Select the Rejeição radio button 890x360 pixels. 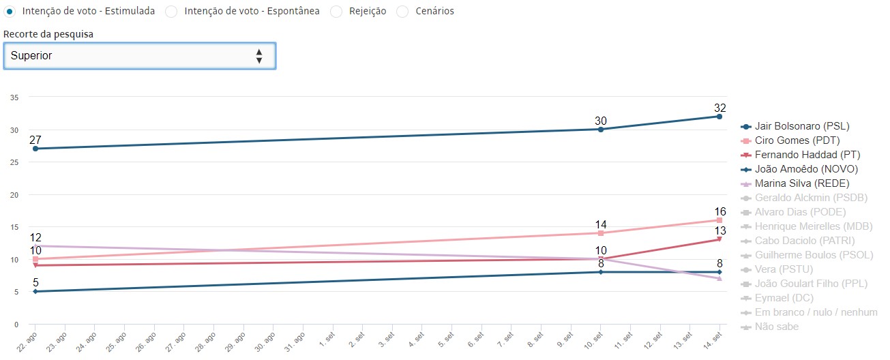coord(336,12)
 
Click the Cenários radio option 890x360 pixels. coord(402,12)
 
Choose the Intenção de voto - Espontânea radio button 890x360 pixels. coord(171,12)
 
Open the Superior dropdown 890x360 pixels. coord(139,56)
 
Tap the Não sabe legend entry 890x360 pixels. coord(776,327)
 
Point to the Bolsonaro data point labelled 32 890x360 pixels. coord(719,117)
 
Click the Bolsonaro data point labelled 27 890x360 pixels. coord(35,149)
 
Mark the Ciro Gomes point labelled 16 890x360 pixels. coord(719,220)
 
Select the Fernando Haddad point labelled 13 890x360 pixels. coord(719,239)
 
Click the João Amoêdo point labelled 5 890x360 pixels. coord(35,291)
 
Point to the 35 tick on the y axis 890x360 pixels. coord(14,97)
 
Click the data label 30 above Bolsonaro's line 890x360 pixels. coord(600,121)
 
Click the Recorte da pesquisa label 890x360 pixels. coord(48,33)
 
